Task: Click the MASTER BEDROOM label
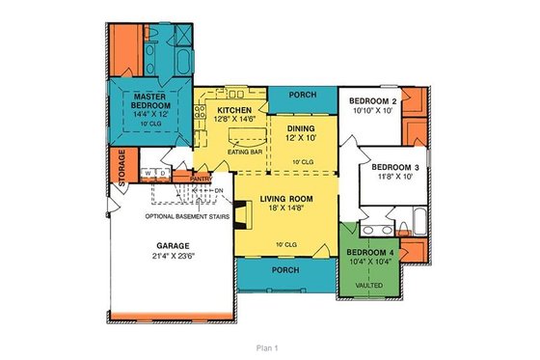pos(152,102)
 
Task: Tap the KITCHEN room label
pos(234,111)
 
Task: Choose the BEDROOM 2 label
pos(373,100)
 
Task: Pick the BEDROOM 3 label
pos(396,165)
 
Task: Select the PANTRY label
pos(201,179)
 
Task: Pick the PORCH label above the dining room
pos(301,96)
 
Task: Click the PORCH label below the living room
pos(284,270)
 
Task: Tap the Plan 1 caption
pos(267,346)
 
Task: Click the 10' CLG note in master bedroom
pos(152,124)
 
